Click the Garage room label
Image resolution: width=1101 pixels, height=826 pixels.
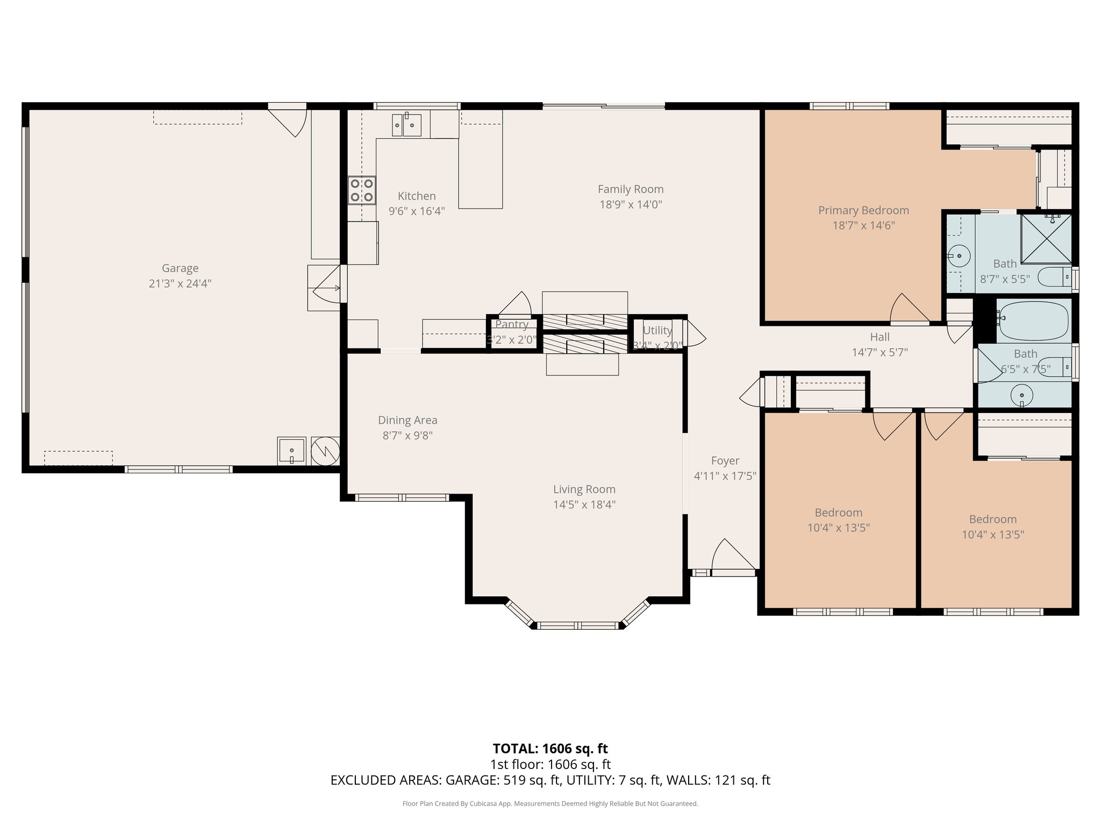pos(180,268)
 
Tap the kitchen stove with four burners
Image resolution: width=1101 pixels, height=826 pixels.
pos(361,190)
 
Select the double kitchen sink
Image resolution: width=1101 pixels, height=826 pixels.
pos(406,125)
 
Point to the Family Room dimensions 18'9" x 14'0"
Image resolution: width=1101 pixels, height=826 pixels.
pos(631,204)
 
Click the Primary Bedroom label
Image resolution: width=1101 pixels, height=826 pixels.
pos(863,210)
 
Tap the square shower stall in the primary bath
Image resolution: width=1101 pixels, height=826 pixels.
pos(1046,239)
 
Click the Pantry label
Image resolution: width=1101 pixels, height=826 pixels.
pos(512,324)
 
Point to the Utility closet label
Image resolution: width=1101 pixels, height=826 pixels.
pos(657,330)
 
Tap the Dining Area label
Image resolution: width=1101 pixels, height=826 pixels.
pos(407,420)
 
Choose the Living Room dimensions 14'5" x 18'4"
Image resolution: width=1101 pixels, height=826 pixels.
pos(584,504)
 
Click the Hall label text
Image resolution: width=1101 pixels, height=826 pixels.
pos(880,337)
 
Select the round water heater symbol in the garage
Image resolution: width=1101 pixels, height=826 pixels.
pos(326,451)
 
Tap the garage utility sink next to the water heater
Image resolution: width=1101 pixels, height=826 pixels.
pos(291,451)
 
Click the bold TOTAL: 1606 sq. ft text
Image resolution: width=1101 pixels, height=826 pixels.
pos(550,749)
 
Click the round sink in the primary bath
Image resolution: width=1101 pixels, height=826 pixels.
pos(958,256)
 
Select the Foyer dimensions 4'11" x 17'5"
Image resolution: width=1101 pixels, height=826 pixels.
pos(725,476)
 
